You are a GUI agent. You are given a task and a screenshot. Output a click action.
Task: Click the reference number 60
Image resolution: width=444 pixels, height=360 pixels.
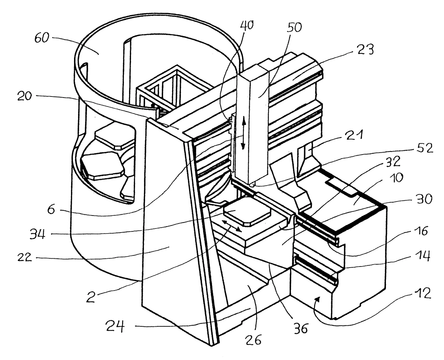pos(42,38)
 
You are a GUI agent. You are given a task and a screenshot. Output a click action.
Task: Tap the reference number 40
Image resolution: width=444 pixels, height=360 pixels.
pos(247,26)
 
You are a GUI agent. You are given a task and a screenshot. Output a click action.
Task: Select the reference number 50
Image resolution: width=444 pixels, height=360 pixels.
pos(294,27)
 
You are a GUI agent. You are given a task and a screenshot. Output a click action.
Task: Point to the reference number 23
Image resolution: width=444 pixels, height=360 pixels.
pos(366,50)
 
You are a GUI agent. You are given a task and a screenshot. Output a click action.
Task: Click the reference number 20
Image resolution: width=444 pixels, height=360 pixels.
pos(24,96)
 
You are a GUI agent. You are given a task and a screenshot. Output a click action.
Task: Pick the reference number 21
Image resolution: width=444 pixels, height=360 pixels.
pos(354,135)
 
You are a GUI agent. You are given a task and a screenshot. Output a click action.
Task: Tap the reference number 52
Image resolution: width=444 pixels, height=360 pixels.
pos(425,148)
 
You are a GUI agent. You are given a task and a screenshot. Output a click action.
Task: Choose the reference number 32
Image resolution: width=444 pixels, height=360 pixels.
pos(393,162)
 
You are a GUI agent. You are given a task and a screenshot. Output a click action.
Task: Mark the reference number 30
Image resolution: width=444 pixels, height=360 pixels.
pos(424,199)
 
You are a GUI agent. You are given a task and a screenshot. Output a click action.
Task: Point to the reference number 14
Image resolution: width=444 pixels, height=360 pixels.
pos(423,256)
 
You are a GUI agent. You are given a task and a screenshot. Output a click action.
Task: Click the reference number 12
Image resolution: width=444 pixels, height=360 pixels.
pos(423,293)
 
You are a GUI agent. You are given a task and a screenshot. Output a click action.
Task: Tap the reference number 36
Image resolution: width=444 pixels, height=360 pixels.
pos(301,328)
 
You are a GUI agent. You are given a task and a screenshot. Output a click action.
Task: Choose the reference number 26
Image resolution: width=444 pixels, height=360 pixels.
pos(253,340)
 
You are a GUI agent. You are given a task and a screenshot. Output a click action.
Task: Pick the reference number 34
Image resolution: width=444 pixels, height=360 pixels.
pos(37,234)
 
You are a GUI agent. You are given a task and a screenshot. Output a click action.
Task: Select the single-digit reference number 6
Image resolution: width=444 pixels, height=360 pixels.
pos(51,209)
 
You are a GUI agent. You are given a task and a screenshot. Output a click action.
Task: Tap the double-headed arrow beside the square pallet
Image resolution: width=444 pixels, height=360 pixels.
pos(232,226)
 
